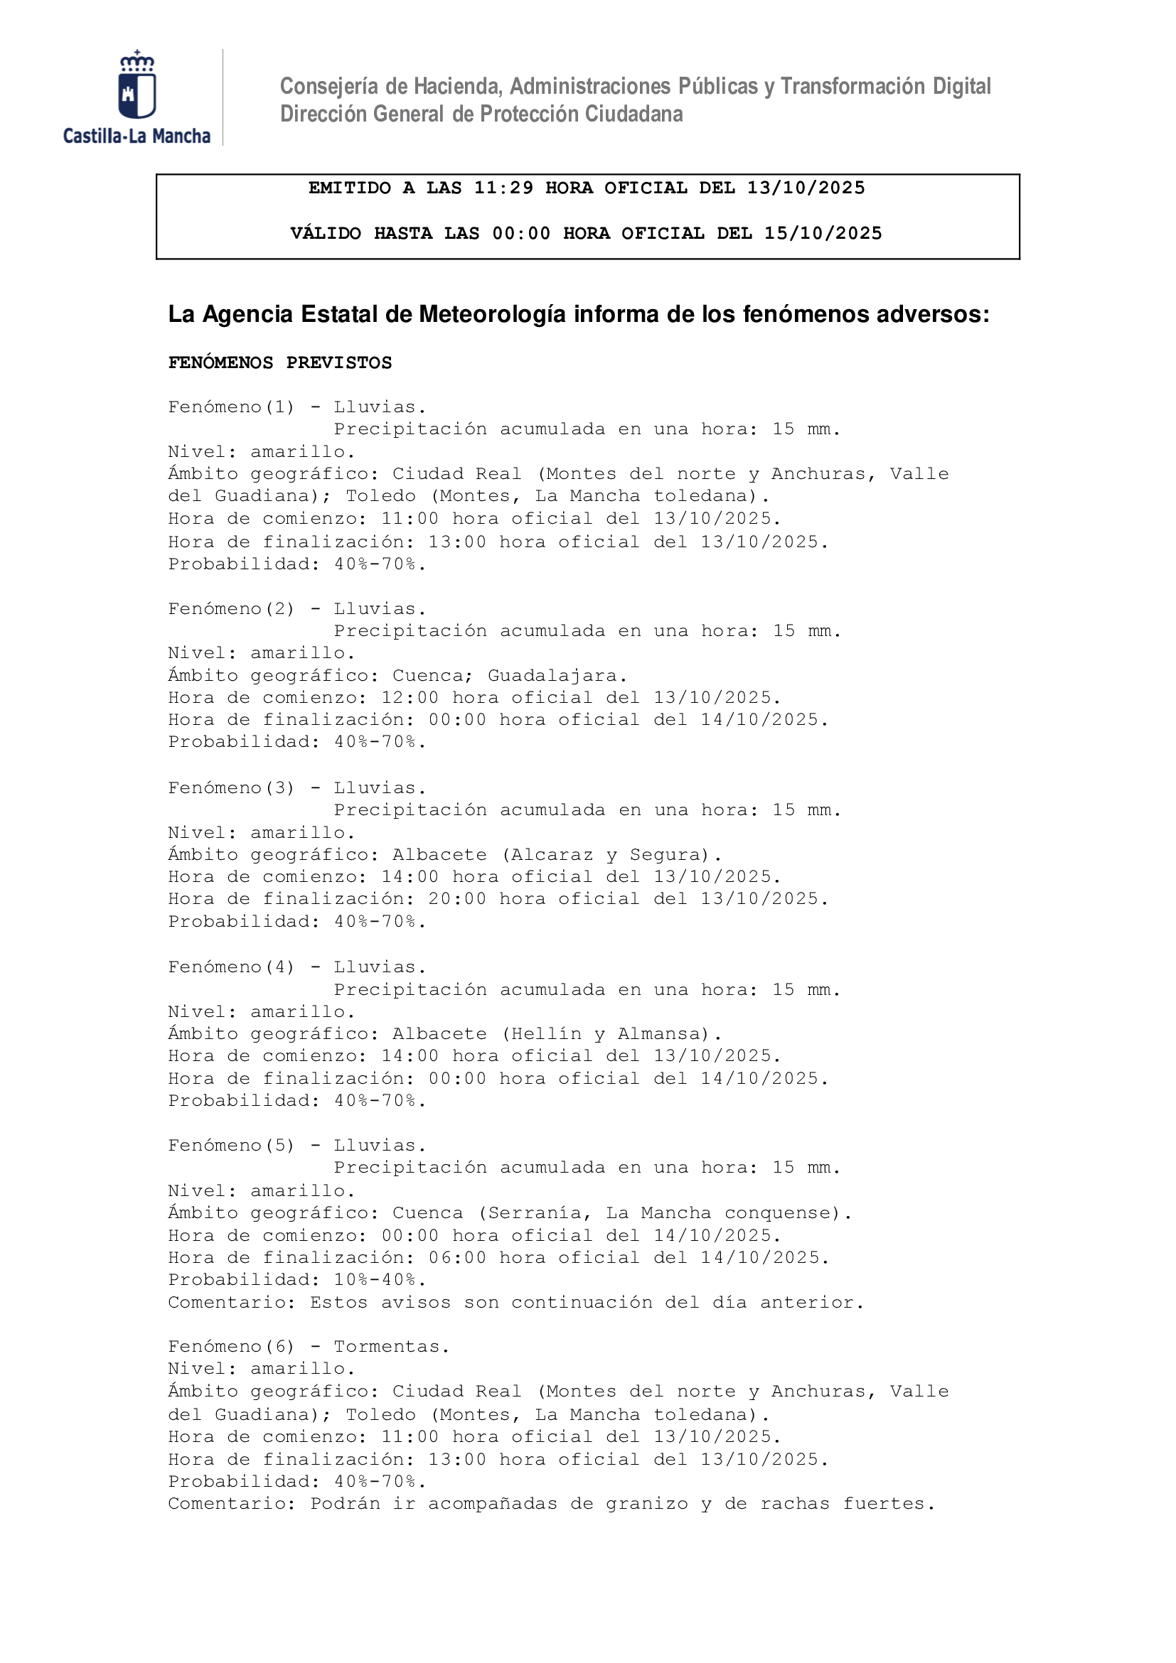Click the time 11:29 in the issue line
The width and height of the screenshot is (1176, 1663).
pos(503,188)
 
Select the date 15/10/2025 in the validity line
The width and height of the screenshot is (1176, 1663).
pos(823,233)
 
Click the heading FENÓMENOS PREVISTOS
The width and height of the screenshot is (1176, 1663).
pos(279,363)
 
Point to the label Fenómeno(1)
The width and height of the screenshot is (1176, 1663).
pos(231,407)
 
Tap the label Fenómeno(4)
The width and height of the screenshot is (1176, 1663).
pos(231,967)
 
